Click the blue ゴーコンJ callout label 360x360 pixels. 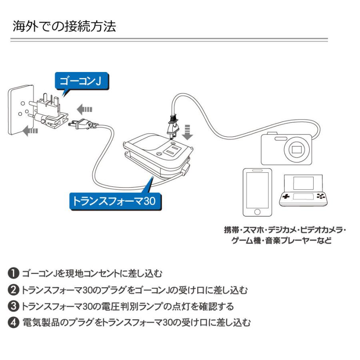[x=82, y=81]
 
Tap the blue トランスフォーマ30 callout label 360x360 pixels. [x=115, y=201]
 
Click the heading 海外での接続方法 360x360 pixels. [x=64, y=26]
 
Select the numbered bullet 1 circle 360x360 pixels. [x=13, y=273]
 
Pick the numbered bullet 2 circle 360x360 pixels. [x=13, y=290]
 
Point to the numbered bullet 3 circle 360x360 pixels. [x=13, y=306]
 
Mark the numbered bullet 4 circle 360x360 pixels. [x=13, y=322]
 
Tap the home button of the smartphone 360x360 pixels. [x=257, y=212]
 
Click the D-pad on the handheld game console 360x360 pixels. [x=286, y=196]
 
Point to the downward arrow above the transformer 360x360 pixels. [x=188, y=132]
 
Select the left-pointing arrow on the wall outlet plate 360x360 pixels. [x=30, y=131]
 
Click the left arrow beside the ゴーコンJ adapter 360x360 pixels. [x=84, y=109]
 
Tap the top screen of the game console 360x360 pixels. [x=303, y=183]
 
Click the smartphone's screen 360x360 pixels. [x=257, y=190]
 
